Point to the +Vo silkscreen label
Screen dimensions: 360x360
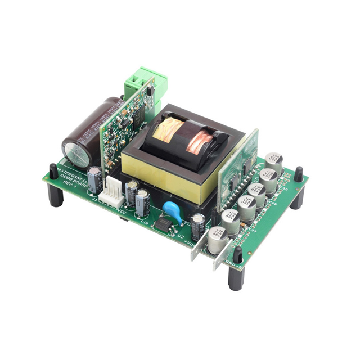tap(189, 245)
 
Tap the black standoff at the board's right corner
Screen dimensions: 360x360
tap(298, 188)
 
